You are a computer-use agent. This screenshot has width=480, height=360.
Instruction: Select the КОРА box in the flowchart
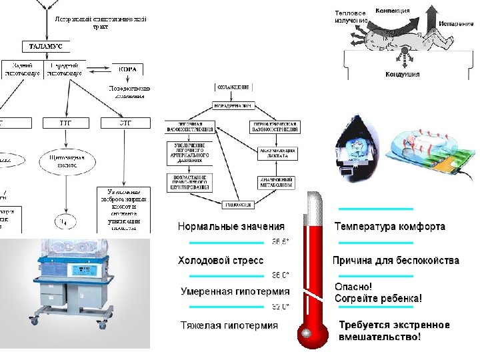click(127, 69)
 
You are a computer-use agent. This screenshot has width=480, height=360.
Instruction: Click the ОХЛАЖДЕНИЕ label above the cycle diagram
click(232, 87)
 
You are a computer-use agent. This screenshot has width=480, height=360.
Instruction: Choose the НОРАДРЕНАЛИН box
click(232, 105)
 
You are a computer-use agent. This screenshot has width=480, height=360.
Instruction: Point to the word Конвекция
click(393, 11)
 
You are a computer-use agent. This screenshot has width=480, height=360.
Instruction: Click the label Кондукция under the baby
click(402, 75)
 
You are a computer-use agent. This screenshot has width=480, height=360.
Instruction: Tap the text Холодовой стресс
click(221, 260)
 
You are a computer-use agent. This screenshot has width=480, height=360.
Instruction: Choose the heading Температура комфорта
click(389, 227)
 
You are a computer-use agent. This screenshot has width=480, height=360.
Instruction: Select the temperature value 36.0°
click(279, 275)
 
